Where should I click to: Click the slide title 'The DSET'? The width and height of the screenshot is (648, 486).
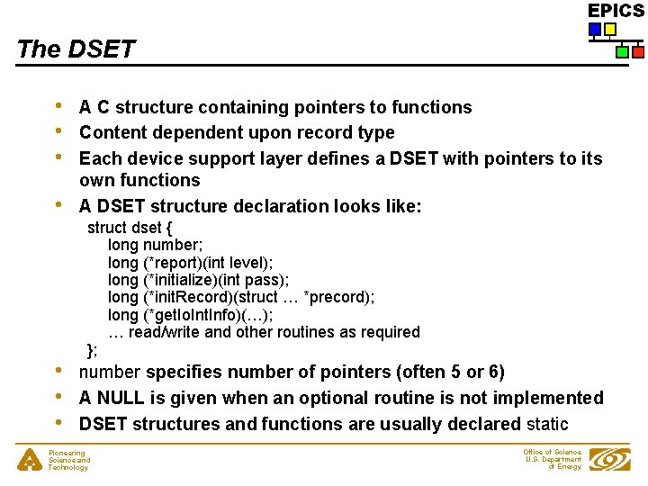(x=76, y=49)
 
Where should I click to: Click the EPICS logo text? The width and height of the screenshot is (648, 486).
(x=616, y=11)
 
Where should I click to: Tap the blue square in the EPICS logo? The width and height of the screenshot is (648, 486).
(x=595, y=30)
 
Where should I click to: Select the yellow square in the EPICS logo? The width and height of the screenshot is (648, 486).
(x=610, y=30)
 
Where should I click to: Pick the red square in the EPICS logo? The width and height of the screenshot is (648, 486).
(x=637, y=52)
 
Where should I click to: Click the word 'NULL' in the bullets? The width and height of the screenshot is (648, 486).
(x=121, y=398)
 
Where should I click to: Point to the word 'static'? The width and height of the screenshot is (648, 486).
(x=547, y=424)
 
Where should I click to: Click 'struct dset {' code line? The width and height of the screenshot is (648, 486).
(x=136, y=228)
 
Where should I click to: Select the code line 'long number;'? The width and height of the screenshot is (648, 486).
(x=155, y=245)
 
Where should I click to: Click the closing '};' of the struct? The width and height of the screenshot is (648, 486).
(x=93, y=350)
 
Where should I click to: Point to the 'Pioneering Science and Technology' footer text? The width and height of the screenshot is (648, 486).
(x=68, y=461)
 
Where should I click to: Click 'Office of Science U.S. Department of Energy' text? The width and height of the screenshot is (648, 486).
(x=553, y=459)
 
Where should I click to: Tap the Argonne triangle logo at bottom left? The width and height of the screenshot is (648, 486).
(x=30, y=460)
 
